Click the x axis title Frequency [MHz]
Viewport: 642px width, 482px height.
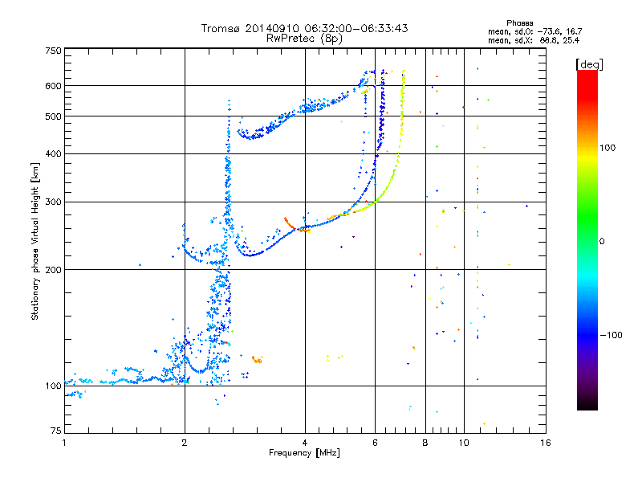tap(305, 454)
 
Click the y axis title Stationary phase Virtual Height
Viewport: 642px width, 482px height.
tap(35, 242)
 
